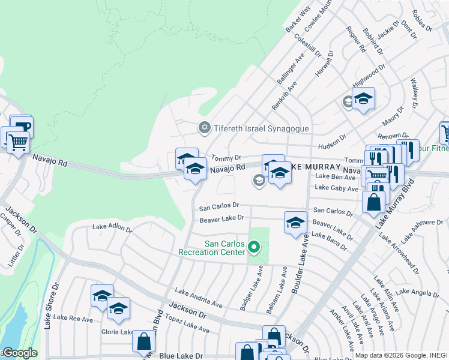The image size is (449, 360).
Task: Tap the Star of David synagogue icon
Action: (204, 128)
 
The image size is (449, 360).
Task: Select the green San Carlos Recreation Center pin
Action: (254, 247)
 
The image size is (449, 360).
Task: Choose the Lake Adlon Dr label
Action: (112, 227)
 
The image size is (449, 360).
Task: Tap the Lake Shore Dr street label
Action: (50, 305)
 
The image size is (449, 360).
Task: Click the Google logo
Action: (19, 353)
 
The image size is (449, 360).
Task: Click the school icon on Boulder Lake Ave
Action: (295, 223)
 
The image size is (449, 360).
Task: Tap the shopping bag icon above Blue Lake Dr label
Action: (143, 342)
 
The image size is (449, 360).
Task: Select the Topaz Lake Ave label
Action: (187, 326)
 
